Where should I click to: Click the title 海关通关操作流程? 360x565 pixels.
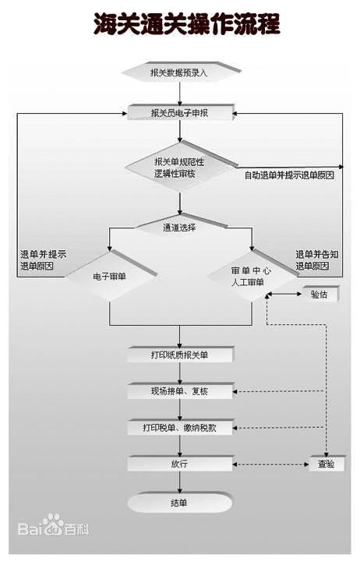coord(187,24)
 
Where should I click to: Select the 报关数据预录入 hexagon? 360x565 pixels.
coord(182,72)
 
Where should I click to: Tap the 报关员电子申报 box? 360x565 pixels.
coord(181,112)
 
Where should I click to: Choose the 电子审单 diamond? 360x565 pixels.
coord(111,276)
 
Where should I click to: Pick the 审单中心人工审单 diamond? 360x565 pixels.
coord(252,276)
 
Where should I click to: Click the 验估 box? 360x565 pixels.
coord(320,294)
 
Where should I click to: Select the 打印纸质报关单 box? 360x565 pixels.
coord(180,355)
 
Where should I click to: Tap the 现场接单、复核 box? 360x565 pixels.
coord(180,391)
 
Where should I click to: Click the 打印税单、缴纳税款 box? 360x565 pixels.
coord(180,427)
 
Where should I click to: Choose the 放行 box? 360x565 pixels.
coord(180,464)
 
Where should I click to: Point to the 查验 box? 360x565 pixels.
coord(326,464)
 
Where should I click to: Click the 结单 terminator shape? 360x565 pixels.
coord(180,503)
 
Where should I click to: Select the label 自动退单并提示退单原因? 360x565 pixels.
coord(289,175)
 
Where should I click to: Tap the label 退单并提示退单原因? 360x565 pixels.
coord(43,260)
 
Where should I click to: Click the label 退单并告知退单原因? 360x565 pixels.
coord(317,260)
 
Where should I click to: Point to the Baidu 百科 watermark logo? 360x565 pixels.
coord(53,525)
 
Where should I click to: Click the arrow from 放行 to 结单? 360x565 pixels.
coord(180,482)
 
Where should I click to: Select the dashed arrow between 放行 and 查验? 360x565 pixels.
coord(271,464)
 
